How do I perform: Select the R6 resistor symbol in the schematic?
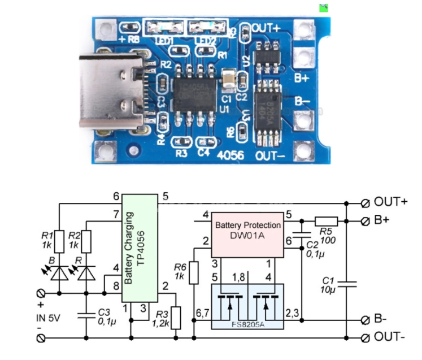(x=194, y=272)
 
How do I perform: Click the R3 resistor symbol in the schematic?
(x=176, y=318)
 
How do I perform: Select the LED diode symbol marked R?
(x=86, y=274)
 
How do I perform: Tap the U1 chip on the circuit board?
(x=194, y=93)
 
